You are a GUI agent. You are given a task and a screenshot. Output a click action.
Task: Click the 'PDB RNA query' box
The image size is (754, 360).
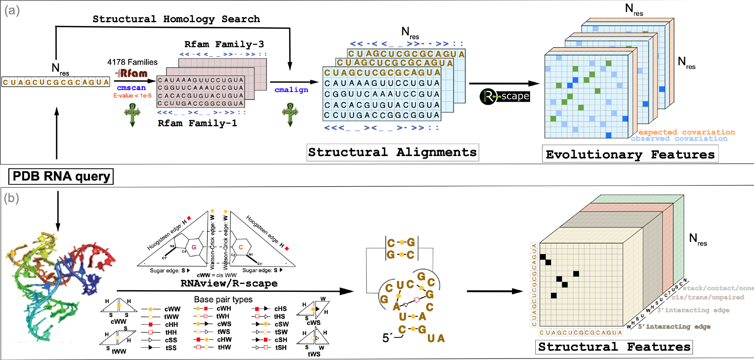pyautogui.click(x=61, y=176)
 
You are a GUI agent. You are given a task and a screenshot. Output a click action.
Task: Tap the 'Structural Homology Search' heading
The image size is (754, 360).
pyautogui.click(x=176, y=19)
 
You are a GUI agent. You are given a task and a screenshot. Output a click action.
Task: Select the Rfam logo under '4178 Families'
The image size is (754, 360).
pyautogui.click(x=132, y=73)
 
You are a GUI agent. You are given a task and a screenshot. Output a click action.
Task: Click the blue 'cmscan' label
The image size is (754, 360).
pyautogui.click(x=131, y=88)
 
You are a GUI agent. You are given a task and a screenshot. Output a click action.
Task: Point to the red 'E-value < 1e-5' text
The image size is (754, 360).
pyautogui.click(x=132, y=96)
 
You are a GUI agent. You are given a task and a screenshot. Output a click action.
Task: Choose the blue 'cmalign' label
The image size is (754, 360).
pyautogui.click(x=291, y=90)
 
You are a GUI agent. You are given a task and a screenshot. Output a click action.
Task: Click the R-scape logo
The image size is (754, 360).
pyautogui.click(x=505, y=97)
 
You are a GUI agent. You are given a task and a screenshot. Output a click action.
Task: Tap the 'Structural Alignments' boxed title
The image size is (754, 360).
pyautogui.click(x=392, y=152)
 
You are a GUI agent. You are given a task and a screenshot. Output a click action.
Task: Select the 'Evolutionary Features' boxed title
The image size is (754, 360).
pyautogui.click(x=630, y=155)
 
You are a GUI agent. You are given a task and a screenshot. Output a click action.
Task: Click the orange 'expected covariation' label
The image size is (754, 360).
pyautogui.click(x=687, y=132)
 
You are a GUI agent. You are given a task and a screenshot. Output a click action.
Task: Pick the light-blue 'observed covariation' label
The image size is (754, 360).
pyautogui.click(x=679, y=139)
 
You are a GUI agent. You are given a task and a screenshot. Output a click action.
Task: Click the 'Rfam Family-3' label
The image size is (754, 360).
pyautogui.click(x=224, y=44)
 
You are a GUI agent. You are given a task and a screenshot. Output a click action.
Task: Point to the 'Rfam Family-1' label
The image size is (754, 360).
pyautogui.click(x=197, y=123)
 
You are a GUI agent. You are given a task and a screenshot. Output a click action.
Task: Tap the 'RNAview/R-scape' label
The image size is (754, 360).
pyautogui.click(x=229, y=283)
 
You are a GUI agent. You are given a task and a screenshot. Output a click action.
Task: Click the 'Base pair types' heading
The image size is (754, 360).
pyautogui.click(x=223, y=299)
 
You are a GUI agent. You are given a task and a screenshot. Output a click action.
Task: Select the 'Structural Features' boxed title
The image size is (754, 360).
pyautogui.click(x=614, y=347)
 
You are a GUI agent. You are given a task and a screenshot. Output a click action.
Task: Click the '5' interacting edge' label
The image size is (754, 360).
pyautogui.click(x=674, y=326)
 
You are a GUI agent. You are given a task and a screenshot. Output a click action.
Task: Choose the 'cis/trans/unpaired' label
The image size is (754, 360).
pyautogui.click(x=708, y=297)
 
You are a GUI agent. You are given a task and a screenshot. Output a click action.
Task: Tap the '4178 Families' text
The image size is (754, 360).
pyautogui.click(x=132, y=62)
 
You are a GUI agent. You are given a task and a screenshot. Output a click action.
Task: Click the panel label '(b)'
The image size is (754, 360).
pyautogui.click(x=11, y=198)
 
